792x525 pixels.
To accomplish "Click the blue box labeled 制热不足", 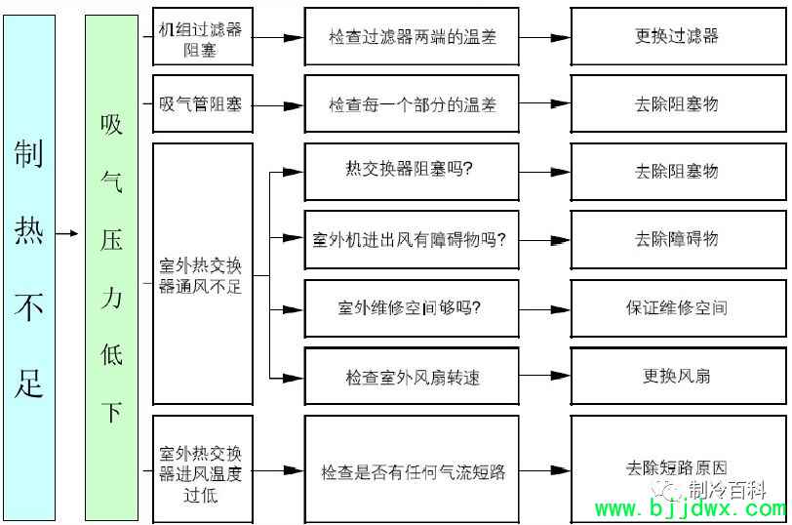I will pos(28,267).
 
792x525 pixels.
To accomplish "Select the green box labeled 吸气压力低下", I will pos(111,267).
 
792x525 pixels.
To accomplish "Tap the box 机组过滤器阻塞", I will pos(202,37).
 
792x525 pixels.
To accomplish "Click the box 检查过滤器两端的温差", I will pos(412,37).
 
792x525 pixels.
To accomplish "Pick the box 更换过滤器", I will pos(676,37).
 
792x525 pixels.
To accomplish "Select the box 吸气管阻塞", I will pos(202,103).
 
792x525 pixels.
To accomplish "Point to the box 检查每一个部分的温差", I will pos(412,103).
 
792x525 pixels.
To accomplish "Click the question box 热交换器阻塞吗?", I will pos(412,171).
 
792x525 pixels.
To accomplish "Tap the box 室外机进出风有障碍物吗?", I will pos(412,239).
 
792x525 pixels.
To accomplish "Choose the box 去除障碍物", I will pos(676,239).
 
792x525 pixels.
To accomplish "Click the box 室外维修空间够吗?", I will pos(412,307).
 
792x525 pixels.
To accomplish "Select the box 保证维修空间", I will pos(676,307).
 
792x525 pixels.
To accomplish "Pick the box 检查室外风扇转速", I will pos(412,377).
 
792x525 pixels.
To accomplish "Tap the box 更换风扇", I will pos(676,377).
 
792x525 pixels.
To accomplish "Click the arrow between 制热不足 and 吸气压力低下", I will pos(67,234).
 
